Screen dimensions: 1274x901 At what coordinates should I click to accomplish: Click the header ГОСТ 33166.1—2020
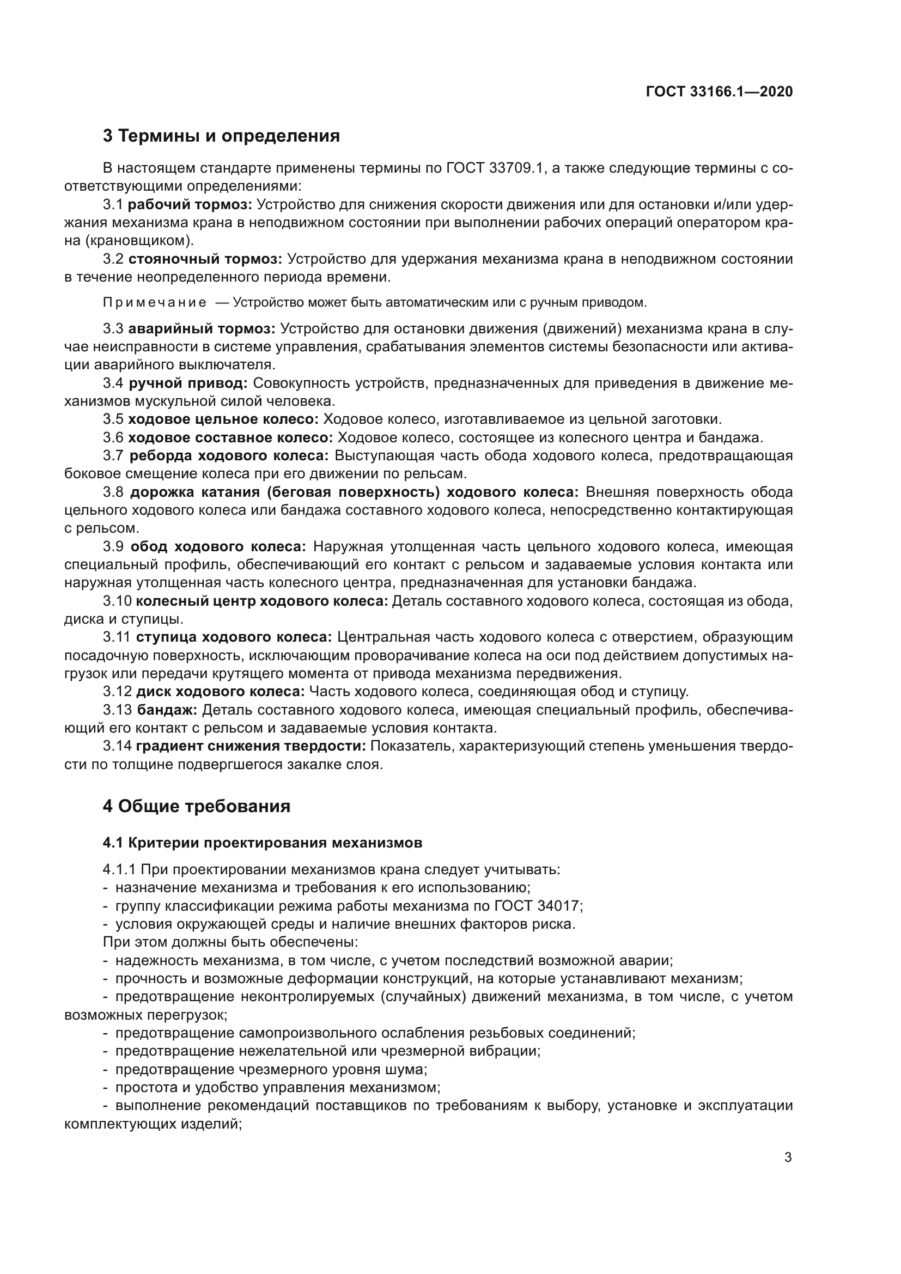click(719, 92)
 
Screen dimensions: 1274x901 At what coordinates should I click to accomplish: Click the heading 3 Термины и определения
click(221, 136)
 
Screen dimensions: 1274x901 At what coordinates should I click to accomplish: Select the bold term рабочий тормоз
click(190, 204)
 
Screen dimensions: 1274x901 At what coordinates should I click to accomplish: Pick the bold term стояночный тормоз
click(205, 259)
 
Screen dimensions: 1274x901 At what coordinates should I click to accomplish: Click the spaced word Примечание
click(154, 302)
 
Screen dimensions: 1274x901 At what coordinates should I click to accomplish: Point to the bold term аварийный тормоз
click(202, 328)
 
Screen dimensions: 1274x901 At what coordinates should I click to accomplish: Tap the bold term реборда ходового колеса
click(229, 455)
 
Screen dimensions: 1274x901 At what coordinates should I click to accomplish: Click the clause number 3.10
click(117, 601)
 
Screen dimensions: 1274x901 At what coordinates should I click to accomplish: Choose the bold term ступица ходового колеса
click(234, 637)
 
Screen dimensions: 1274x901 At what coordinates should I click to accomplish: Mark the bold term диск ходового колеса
click(220, 691)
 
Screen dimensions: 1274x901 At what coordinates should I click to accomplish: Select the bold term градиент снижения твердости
click(251, 746)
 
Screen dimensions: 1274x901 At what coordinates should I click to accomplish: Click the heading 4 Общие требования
click(197, 806)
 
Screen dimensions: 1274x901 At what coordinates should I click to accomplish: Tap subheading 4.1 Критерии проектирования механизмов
click(262, 842)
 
